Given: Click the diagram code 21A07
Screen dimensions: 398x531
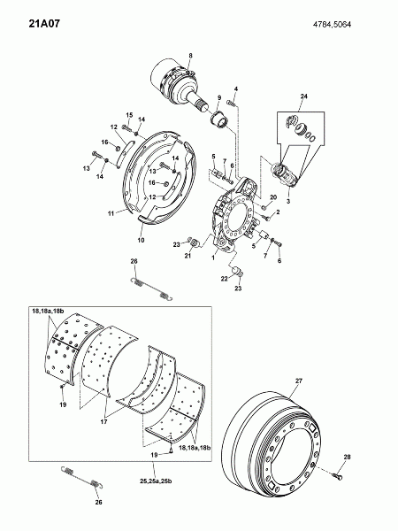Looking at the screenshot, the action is tap(44, 24).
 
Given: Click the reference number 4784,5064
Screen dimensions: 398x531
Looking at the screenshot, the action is tap(332, 25).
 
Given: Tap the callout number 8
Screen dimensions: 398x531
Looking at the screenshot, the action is tap(190, 56).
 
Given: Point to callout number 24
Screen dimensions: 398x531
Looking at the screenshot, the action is tap(304, 96).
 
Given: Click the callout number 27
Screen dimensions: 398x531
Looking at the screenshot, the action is tap(299, 381).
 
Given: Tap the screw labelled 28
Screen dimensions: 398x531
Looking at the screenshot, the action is tap(337, 476).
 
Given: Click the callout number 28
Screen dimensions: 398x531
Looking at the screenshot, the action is tap(348, 457).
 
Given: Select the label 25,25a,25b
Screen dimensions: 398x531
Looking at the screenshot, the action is tap(156, 481).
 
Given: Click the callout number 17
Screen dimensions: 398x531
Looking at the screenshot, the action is tap(103, 422).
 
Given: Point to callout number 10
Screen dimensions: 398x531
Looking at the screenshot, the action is tap(142, 240).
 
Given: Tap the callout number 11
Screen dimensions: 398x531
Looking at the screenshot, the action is tap(111, 213).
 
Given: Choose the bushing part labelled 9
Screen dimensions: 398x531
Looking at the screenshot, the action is tap(220, 120).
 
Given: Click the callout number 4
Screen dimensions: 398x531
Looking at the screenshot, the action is tap(236, 89).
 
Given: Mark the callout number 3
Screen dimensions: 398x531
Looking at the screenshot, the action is tap(288, 201).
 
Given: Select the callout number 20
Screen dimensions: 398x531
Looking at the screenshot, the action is tap(273, 197).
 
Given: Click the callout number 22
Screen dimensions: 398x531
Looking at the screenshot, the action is tap(225, 279).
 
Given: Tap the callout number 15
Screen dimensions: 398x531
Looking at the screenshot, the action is tap(130, 115).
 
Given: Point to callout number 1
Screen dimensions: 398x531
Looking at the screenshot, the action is tap(213, 258).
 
